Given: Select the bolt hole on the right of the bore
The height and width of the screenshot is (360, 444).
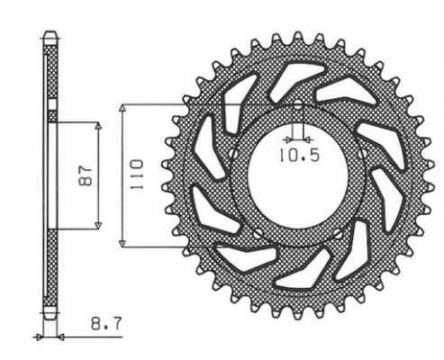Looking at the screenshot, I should tap(360, 155).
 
